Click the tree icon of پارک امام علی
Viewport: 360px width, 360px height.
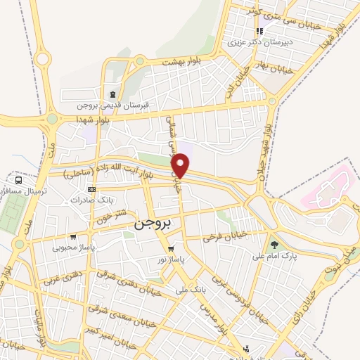click(274, 245)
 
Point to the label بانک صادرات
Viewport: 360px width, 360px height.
click(91, 200)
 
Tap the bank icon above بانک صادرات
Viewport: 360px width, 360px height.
click(91, 190)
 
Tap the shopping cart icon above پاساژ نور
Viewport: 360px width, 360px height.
click(170, 249)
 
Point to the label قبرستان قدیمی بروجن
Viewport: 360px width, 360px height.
click(113, 106)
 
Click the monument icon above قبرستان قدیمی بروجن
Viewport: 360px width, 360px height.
click(112, 95)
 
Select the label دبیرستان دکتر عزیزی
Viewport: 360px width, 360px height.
click(258, 41)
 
